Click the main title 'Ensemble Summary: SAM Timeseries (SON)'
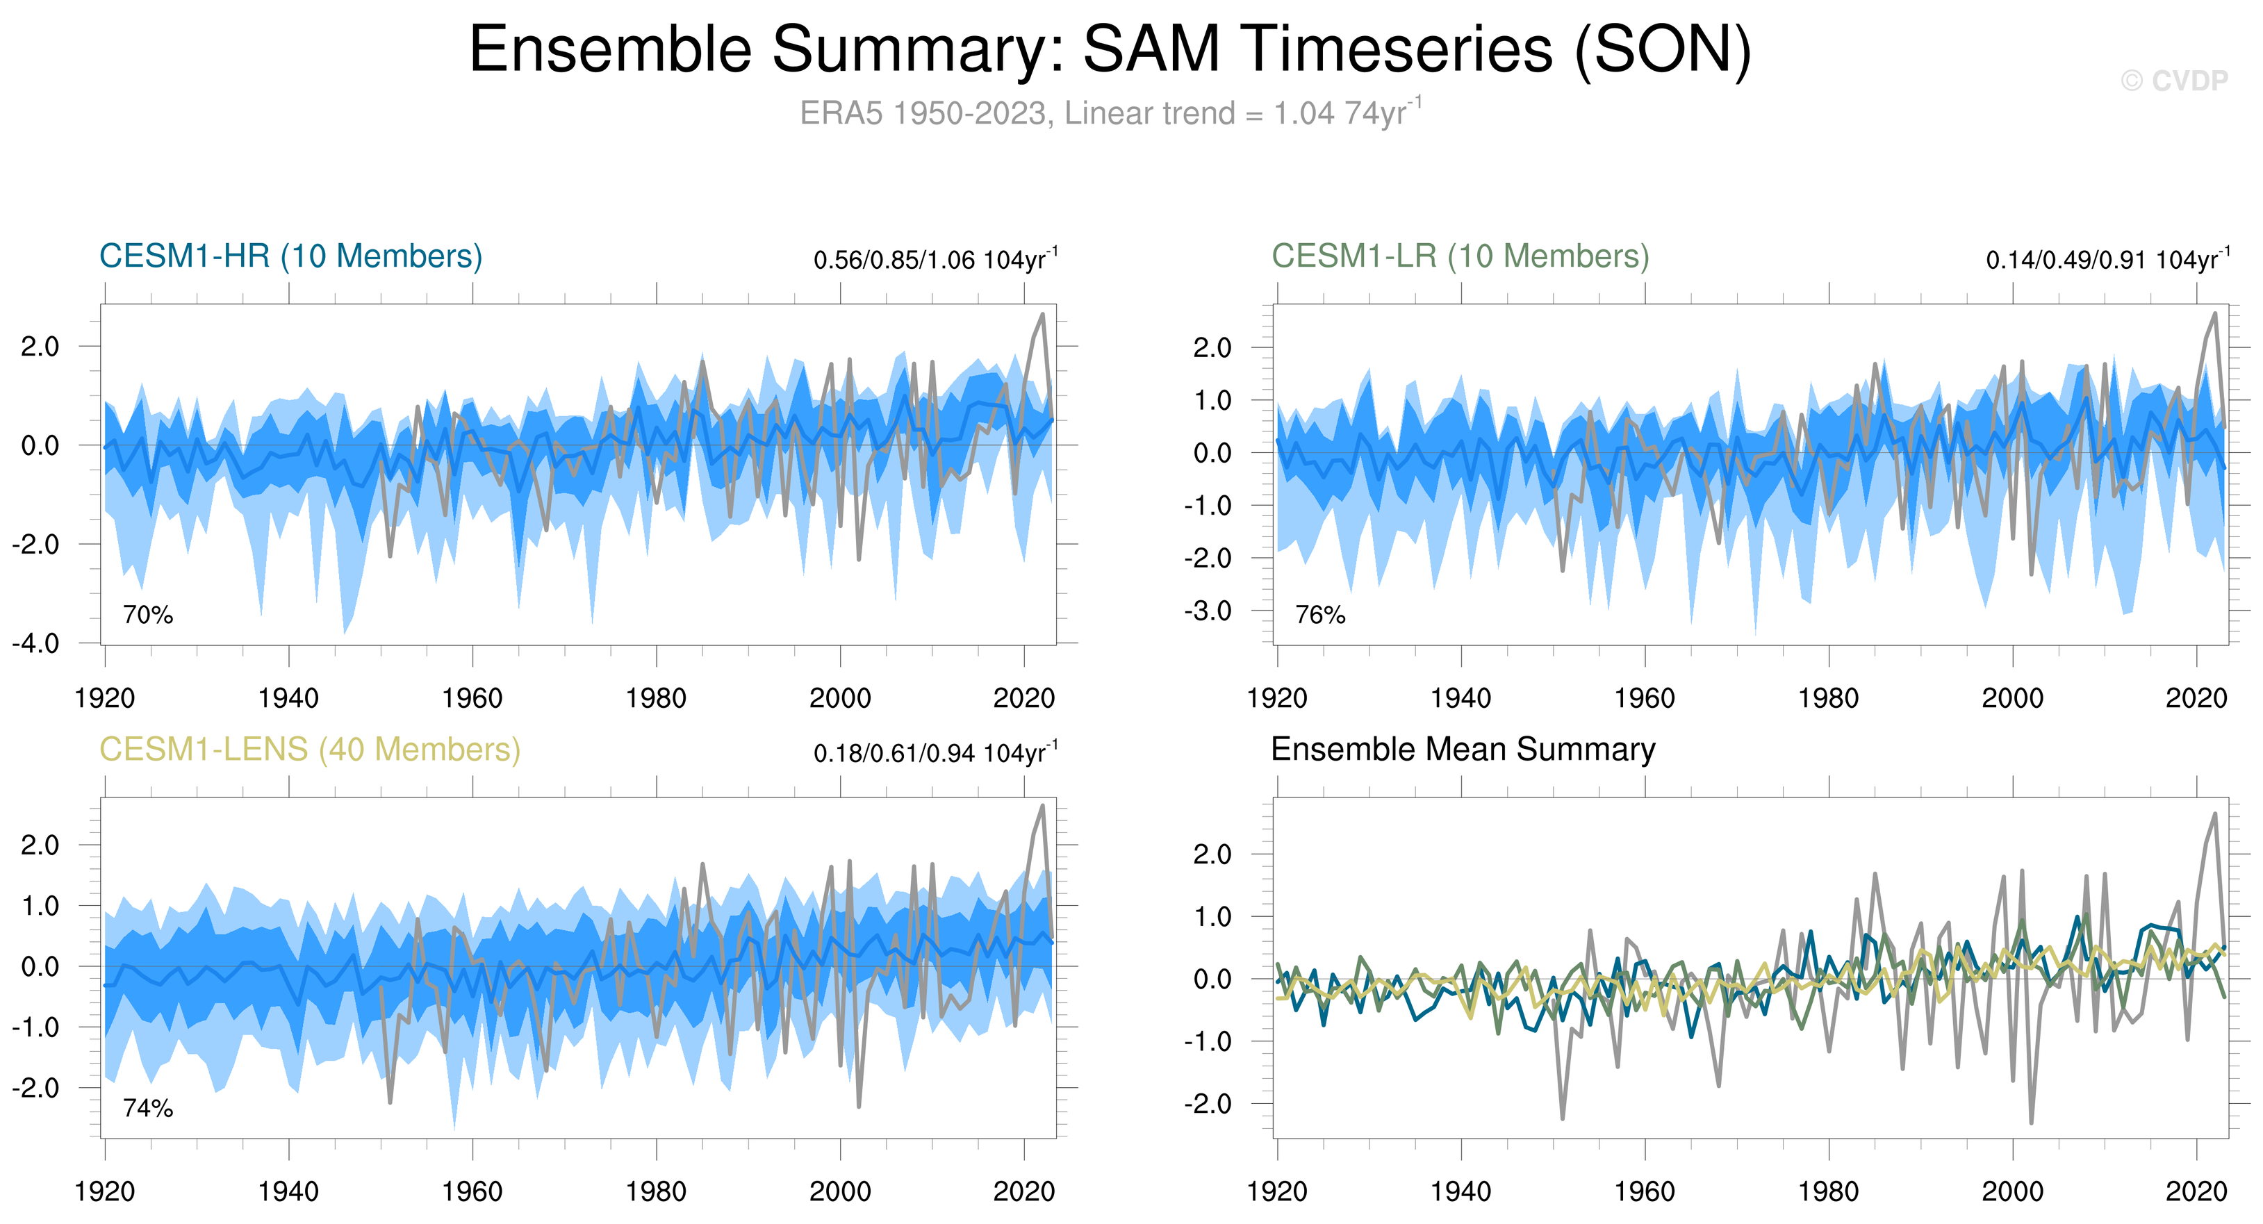point(1110,49)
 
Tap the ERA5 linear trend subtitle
point(1110,113)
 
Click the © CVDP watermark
point(2173,81)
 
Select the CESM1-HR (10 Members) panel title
point(291,256)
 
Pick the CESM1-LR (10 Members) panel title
point(1460,256)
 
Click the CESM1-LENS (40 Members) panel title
point(309,750)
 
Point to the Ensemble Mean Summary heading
point(1463,750)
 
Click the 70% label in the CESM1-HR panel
point(147,615)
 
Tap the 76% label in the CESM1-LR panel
point(1320,615)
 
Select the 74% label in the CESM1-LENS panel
point(147,1108)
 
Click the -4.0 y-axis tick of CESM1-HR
point(36,644)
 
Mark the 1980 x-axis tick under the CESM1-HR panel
point(656,699)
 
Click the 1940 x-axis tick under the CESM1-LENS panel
point(288,1192)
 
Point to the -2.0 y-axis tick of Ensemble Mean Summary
point(1208,1104)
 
